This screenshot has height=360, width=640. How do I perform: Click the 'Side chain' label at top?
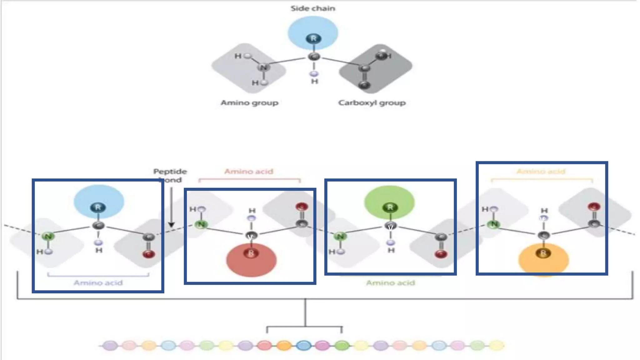pyautogui.click(x=313, y=8)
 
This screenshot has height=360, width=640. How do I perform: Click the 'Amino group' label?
pyautogui.click(x=249, y=103)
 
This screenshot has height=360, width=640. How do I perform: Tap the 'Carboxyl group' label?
pyautogui.click(x=372, y=103)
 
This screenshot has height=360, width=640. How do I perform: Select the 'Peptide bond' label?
pyautogui.click(x=170, y=175)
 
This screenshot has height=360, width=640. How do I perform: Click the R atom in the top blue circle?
pyautogui.click(x=313, y=38)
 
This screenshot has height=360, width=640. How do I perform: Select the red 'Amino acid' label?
pyautogui.click(x=249, y=172)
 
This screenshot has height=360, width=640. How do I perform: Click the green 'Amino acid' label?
pyautogui.click(x=390, y=283)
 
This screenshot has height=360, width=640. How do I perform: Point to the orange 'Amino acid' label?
pyautogui.click(x=541, y=172)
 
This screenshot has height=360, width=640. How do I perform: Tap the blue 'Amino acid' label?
pyautogui.click(x=98, y=283)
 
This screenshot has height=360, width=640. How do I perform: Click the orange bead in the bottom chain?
pyautogui.click(x=284, y=346)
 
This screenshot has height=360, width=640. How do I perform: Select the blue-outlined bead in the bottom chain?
pyautogui.click(x=303, y=346)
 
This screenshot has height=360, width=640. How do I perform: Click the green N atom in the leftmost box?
pyautogui.click(x=48, y=236)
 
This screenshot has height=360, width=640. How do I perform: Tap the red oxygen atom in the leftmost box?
pyautogui.click(x=149, y=254)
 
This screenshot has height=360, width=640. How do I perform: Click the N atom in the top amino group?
pyautogui.click(x=263, y=67)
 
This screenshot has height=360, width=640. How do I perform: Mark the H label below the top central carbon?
pyautogui.click(x=314, y=82)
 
